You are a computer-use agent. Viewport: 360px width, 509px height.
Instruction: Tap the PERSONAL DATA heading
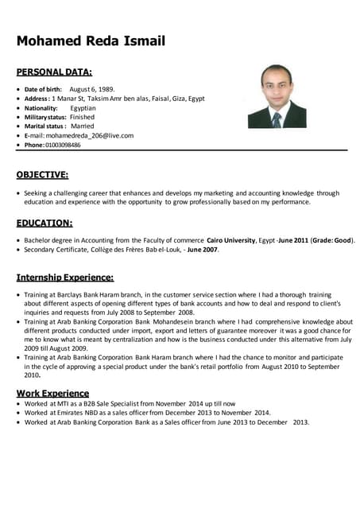coord(54,72)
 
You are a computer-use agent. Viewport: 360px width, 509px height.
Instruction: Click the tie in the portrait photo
coord(276,119)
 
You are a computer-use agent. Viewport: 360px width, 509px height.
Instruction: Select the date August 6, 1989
coord(92,89)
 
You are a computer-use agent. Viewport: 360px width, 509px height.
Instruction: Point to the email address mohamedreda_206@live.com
coord(89,135)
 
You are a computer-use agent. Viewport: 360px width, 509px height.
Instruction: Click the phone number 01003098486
coord(64,145)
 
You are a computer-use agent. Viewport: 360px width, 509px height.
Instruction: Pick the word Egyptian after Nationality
coord(83,107)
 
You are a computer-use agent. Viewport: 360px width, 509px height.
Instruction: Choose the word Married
coord(82,126)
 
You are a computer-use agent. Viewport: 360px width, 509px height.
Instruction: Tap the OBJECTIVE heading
coord(42,174)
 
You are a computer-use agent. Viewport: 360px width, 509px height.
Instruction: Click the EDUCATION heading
coord(45,223)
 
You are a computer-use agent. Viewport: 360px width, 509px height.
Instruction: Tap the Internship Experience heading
coord(65,278)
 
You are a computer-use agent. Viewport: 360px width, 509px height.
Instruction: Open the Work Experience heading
coord(52,393)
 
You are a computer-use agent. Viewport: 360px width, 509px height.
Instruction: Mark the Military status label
coord(45,117)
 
